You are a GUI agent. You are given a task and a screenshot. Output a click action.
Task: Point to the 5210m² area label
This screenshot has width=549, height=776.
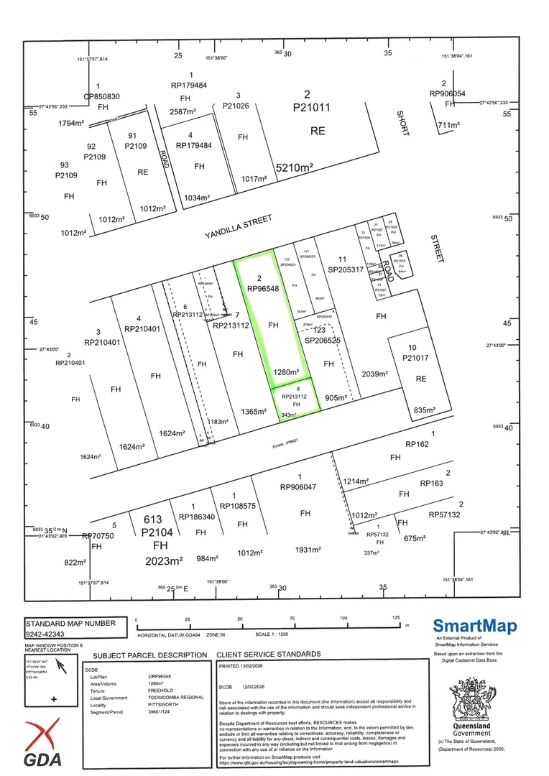[296, 168]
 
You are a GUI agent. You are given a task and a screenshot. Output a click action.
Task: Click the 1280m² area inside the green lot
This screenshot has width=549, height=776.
[285, 372]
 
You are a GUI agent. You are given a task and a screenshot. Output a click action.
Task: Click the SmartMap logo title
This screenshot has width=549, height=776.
[474, 627]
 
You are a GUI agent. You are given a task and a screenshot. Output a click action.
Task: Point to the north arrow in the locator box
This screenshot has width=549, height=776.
[62, 668]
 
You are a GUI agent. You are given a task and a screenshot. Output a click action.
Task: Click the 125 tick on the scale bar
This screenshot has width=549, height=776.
[395, 618]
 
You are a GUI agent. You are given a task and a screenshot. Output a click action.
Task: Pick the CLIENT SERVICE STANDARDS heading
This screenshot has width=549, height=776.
[269, 655]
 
